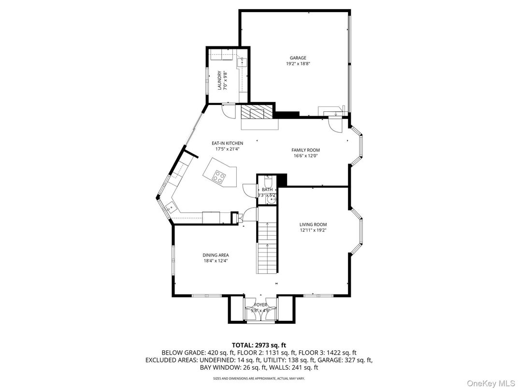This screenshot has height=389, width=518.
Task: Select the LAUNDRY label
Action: (x=219, y=80)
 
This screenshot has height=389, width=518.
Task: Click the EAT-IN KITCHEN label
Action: (x=227, y=143)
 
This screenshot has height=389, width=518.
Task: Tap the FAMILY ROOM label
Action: (x=305, y=150)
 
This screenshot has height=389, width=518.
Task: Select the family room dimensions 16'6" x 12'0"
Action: (x=305, y=156)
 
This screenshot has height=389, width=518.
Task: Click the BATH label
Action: (x=267, y=190)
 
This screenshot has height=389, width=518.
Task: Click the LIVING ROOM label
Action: (x=313, y=224)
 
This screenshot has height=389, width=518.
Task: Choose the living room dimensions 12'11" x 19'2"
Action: (x=313, y=230)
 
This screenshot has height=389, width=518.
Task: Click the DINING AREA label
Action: (x=216, y=255)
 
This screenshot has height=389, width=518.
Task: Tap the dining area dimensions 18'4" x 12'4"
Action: (x=216, y=261)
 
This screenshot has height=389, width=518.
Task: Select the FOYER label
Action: (x=260, y=305)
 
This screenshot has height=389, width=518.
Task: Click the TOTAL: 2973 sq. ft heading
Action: (x=259, y=345)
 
